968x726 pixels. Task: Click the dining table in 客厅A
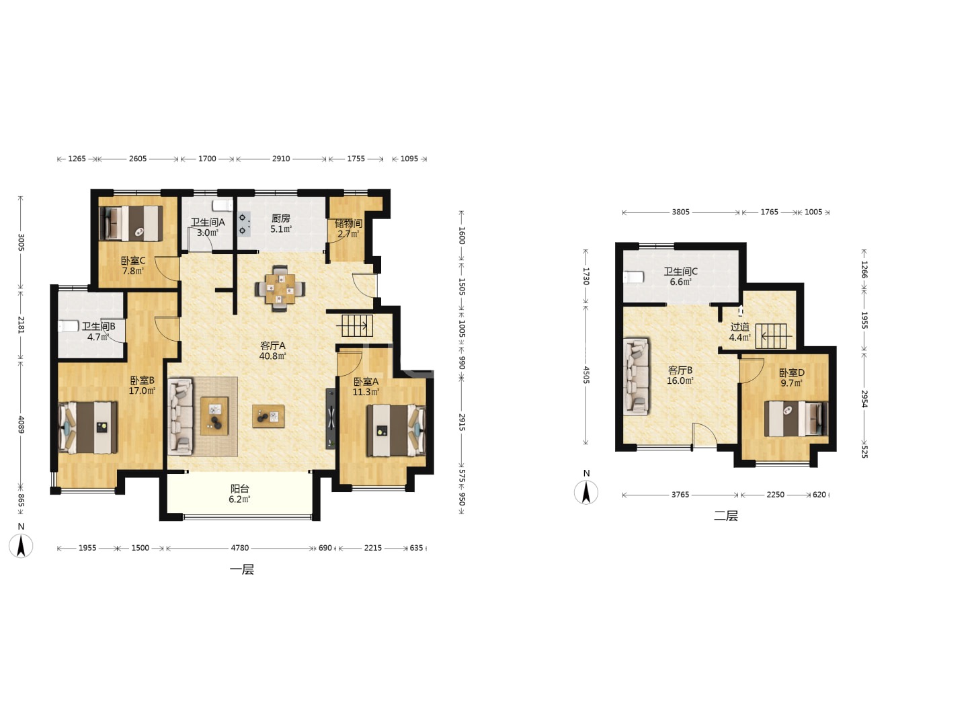(280, 288)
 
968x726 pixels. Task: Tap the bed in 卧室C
(131, 223)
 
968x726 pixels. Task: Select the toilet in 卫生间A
(223, 206)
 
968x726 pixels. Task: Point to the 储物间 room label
(348, 223)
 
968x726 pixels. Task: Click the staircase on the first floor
(357, 326)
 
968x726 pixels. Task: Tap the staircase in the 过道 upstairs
(771, 336)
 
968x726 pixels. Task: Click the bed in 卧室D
(796, 419)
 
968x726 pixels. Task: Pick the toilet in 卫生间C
(634, 277)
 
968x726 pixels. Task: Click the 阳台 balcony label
(240, 489)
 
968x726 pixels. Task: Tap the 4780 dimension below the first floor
(240, 548)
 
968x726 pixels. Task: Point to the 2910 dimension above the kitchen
(281, 159)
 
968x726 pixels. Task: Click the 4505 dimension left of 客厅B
(586, 375)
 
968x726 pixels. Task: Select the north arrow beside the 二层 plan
(586, 492)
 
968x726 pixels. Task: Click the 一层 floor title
(242, 569)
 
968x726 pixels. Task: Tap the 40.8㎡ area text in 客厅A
(272, 356)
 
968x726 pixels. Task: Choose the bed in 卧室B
(88, 428)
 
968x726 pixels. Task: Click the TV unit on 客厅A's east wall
(331, 419)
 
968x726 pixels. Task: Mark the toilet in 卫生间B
(69, 326)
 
